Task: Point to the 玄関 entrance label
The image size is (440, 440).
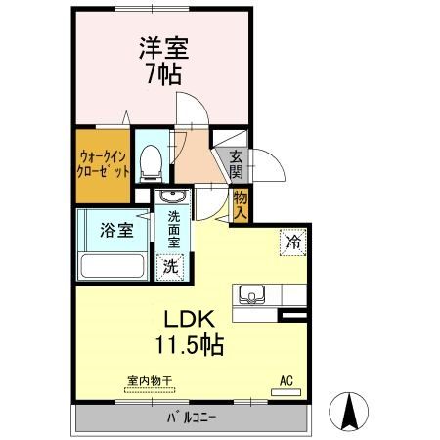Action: pos(237,163)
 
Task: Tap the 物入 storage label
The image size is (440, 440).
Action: pos(241,203)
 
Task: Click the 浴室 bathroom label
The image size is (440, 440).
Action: pos(116,232)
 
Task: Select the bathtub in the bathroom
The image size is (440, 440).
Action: pos(112,266)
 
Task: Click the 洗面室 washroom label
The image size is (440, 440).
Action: pos(173,229)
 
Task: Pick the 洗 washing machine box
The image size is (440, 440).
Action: pos(170,264)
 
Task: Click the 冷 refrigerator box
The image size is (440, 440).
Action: pos(292,241)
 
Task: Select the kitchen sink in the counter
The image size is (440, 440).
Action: pos(250,294)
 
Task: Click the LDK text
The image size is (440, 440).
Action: pos(181,319)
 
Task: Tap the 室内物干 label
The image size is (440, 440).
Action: pos(150,380)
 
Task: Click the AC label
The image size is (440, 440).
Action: pos(286,380)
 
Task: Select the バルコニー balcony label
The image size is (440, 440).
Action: pos(190,420)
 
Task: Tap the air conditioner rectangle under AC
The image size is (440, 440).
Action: pos(286,393)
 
